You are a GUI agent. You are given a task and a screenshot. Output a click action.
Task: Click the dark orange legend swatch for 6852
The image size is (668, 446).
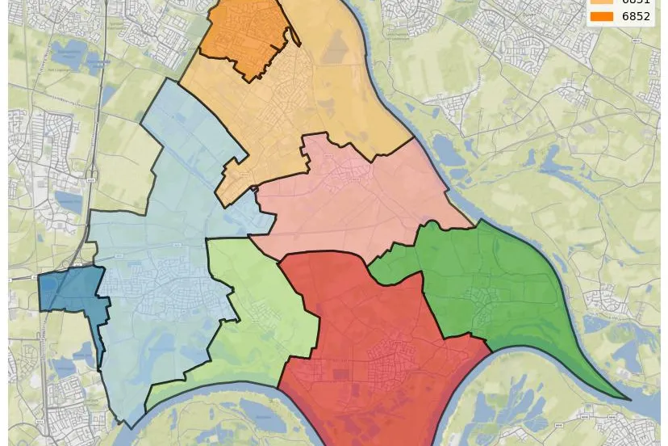pyautogui.click(x=602, y=16)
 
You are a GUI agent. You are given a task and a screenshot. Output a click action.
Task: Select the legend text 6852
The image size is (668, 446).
pyautogui.click(x=636, y=16)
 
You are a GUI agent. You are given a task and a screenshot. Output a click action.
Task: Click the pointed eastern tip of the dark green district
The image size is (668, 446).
pyautogui.click(x=629, y=399)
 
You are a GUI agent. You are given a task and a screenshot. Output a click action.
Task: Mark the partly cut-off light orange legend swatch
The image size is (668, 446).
pyautogui.click(x=602, y=2)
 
